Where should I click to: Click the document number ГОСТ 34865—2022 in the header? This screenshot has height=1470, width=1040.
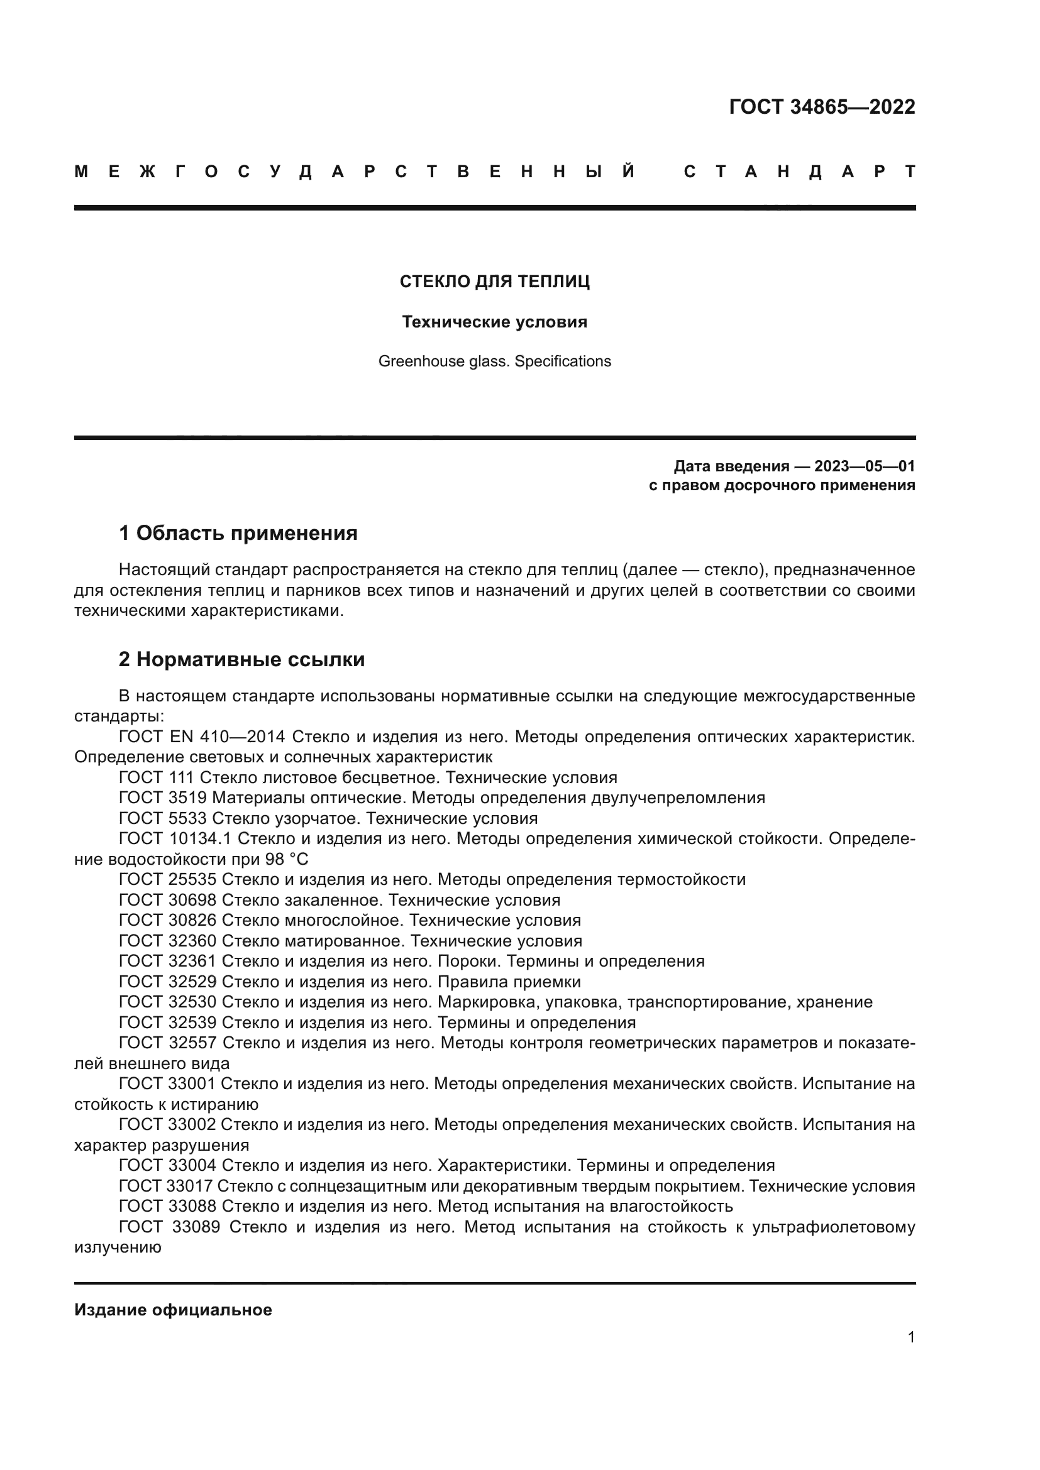(x=822, y=107)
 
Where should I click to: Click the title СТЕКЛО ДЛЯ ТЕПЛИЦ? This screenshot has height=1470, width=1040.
(x=494, y=282)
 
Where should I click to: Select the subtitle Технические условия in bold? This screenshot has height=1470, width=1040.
(x=494, y=322)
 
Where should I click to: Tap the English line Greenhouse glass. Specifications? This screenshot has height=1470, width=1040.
(x=494, y=362)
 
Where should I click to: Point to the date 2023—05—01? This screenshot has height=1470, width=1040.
(x=865, y=466)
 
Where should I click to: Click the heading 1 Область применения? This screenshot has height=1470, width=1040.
(x=238, y=533)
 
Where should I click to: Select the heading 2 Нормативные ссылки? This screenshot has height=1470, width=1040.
(x=241, y=659)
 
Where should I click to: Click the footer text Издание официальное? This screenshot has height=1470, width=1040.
(x=173, y=1310)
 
